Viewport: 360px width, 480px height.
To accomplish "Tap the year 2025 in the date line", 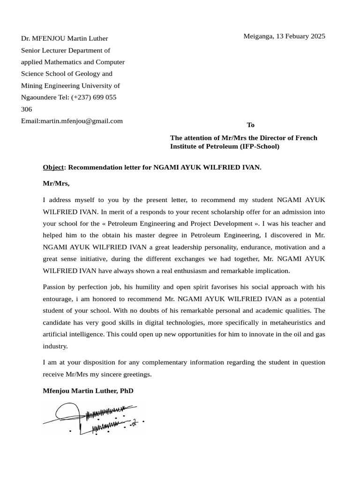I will coord(316,36).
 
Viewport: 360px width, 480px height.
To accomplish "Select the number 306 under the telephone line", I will coord(27,109).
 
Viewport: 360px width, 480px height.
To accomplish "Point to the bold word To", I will coord(251,125).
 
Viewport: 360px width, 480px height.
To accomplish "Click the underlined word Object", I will coord(53,167).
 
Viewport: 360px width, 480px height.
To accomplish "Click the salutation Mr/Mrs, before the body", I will coord(56,183).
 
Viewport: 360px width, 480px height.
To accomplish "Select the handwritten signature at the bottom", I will coord(94,419).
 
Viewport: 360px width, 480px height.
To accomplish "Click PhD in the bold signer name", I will coord(127,390).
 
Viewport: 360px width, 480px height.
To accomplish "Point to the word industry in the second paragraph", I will coord(55,346).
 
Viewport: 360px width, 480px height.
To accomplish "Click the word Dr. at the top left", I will coord(25,38).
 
